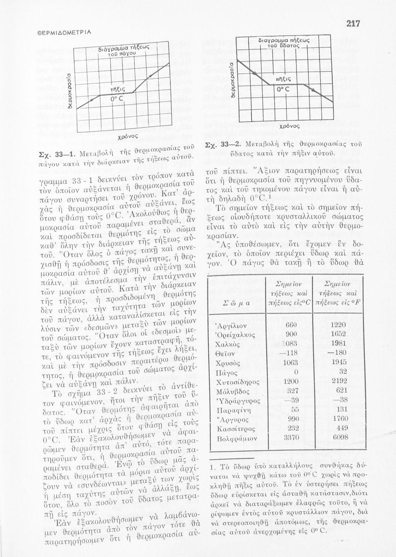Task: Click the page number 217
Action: pyautogui.click(x=353, y=23)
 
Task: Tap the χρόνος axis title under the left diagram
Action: pyautogui.click(x=125, y=137)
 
